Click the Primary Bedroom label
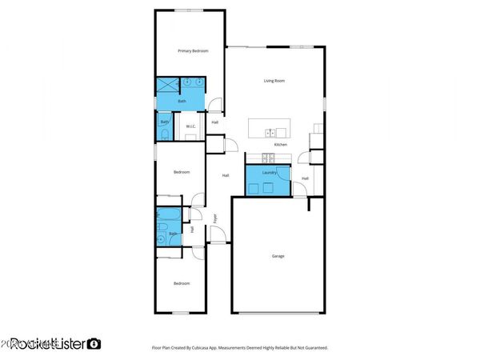(x=193, y=50)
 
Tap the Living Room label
(x=274, y=81)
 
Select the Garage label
(x=278, y=256)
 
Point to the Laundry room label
(x=269, y=172)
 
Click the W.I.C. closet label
(x=191, y=126)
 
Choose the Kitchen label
(x=281, y=145)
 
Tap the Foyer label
(x=215, y=218)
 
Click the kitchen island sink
(x=272, y=132)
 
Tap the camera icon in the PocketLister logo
(x=94, y=343)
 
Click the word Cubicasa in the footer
(x=214, y=348)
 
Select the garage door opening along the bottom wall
(x=278, y=312)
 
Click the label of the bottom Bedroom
(x=182, y=283)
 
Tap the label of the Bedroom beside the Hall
(x=182, y=172)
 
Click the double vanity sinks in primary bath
(x=192, y=82)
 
